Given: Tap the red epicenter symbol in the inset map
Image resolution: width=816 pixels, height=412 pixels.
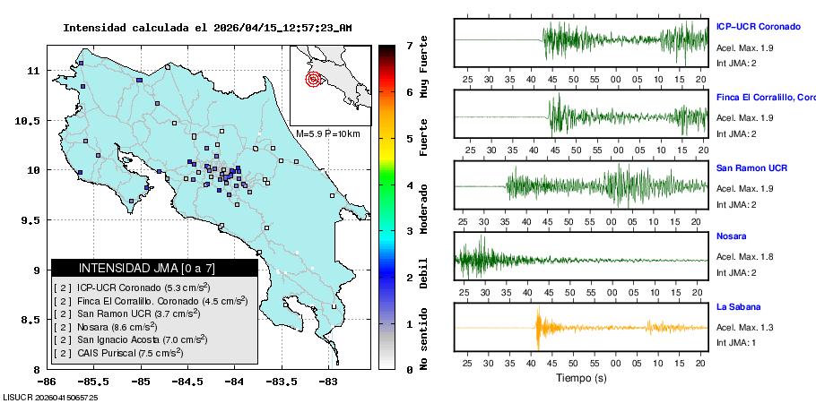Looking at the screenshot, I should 313,79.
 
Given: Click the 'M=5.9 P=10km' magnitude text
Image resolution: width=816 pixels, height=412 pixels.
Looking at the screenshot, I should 327,133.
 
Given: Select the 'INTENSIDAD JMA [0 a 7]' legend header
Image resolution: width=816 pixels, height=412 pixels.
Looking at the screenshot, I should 147,268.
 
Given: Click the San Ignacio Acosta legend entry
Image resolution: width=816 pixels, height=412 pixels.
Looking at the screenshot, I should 143,339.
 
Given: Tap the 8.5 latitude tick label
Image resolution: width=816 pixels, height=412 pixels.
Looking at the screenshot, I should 35,320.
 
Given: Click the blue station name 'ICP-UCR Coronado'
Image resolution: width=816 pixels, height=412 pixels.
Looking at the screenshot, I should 758,26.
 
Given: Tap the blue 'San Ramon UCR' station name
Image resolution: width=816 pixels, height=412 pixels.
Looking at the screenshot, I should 751,167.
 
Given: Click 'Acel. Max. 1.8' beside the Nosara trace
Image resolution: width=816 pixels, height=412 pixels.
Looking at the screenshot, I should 744,256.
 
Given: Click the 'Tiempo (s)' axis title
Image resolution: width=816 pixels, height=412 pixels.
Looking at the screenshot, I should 580,378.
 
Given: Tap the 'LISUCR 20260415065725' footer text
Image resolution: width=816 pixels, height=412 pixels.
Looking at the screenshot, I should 50,396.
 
